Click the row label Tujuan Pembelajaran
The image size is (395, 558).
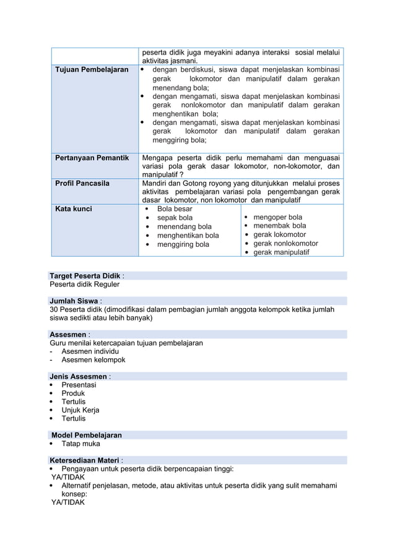coord(92,70)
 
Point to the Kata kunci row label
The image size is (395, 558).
coord(74,209)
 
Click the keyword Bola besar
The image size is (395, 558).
coord(175,209)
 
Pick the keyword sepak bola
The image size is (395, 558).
coord(175,218)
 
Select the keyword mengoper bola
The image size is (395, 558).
coord(278,217)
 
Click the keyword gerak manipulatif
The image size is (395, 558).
coord(282,252)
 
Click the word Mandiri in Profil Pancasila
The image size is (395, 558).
coord(155,183)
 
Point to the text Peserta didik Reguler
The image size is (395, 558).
coord(84,285)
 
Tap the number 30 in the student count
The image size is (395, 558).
coord(54,309)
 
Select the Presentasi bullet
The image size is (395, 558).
coord(79,385)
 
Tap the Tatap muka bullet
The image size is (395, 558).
coord(80,444)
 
